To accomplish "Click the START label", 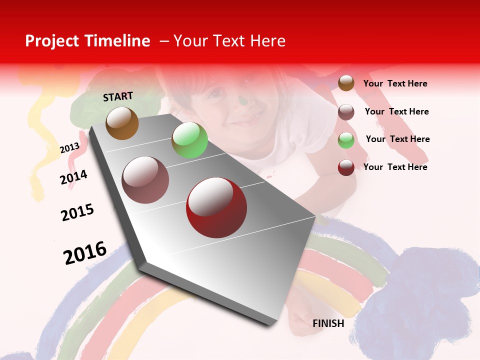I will pyautogui.click(x=118, y=96).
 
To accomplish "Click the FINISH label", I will pyautogui.click(x=328, y=323).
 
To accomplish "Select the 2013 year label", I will pyautogui.click(x=69, y=147).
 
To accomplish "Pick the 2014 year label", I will pyautogui.click(x=73, y=177).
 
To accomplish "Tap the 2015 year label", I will pyautogui.click(x=77, y=212).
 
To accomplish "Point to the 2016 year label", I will pyautogui.click(x=85, y=252).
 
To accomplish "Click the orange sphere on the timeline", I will pyautogui.click(x=122, y=123).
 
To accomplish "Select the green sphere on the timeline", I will pyautogui.click(x=189, y=140).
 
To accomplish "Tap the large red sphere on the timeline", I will pyautogui.click(x=216, y=207).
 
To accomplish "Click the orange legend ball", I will pyautogui.click(x=346, y=83).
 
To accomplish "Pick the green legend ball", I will pyautogui.click(x=346, y=140).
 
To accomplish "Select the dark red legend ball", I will pyautogui.click(x=346, y=167).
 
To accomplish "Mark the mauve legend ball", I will pyautogui.click(x=346, y=112).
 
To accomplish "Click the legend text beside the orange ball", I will pyautogui.click(x=395, y=83).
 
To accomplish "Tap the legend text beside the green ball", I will pyautogui.click(x=397, y=139).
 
